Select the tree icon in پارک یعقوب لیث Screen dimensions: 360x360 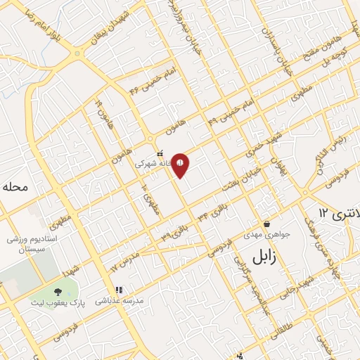click(x=57, y=292)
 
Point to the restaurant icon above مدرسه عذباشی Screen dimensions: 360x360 click(x=119, y=289)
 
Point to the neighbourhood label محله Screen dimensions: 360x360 click(x=13, y=187)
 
